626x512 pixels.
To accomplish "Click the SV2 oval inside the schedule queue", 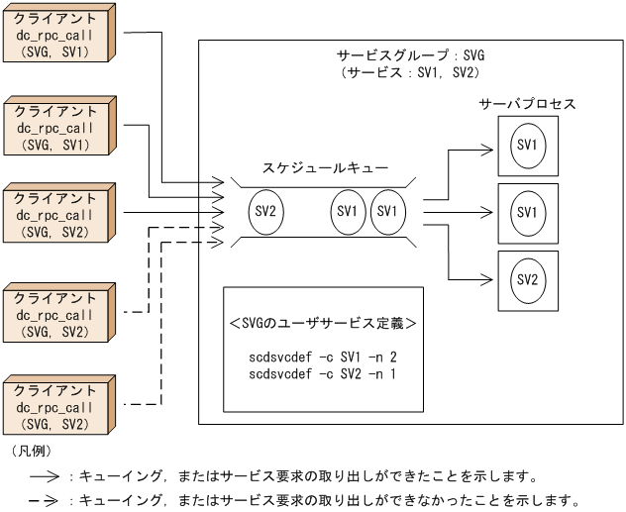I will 264,212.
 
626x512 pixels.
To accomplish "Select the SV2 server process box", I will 527,280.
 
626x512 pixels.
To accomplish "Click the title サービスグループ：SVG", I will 412,56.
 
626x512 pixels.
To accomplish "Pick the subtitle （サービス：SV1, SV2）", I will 412,73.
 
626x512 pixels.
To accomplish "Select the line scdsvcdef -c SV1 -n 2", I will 324,356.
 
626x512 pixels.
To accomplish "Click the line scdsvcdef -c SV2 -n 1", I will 324,371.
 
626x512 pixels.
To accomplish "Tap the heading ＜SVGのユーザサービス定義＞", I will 323,323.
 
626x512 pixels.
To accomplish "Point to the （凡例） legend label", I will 32,451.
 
